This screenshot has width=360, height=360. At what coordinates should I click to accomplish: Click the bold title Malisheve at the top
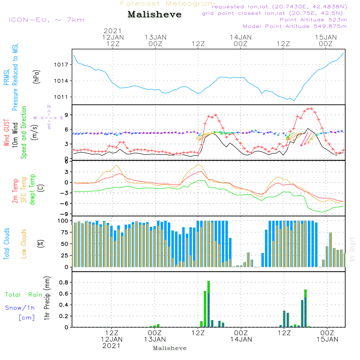point(154,15)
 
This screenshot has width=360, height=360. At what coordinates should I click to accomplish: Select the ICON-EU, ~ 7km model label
point(46,20)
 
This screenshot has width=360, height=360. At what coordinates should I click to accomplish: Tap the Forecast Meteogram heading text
point(167,4)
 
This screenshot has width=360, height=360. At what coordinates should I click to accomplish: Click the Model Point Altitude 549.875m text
point(294,26)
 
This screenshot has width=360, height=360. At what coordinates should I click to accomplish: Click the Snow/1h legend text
point(20,308)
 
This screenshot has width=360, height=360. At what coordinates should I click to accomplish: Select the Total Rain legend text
point(23,295)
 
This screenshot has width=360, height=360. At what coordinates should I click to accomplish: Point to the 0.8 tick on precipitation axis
point(64,282)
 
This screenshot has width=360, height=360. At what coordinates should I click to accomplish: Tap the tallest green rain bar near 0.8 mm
point(208,304)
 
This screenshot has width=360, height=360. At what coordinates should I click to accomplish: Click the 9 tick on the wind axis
point(66,115)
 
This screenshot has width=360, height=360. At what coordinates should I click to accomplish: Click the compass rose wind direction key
point(49,117)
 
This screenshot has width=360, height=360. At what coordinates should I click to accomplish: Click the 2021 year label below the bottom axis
point(112,346)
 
